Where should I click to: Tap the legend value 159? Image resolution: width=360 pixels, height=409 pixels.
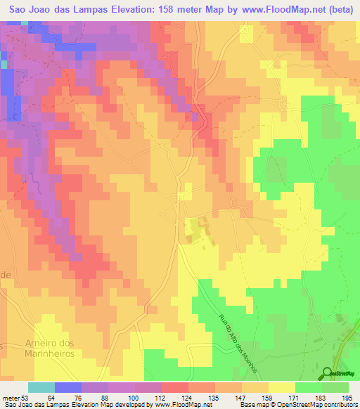[x=267, y=399]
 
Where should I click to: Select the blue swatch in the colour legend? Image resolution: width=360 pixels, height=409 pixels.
[x=67, y=387]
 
